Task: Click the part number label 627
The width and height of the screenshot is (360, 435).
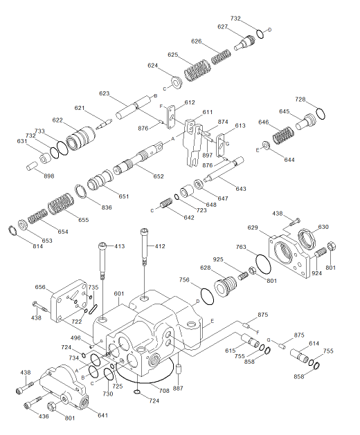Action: point(223,27)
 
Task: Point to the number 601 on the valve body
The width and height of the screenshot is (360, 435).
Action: point(119,293)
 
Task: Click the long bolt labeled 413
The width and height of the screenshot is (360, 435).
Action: point(102,263)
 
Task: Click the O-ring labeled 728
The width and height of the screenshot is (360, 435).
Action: point(318,113)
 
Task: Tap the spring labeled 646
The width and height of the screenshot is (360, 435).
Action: point(282,134)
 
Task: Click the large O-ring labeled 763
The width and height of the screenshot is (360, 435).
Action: point(262,266)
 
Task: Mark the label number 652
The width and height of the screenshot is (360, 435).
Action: point(159,176)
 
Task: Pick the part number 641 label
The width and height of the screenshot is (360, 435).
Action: point(103,415)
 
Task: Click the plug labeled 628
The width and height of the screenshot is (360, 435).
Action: point(224,284)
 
